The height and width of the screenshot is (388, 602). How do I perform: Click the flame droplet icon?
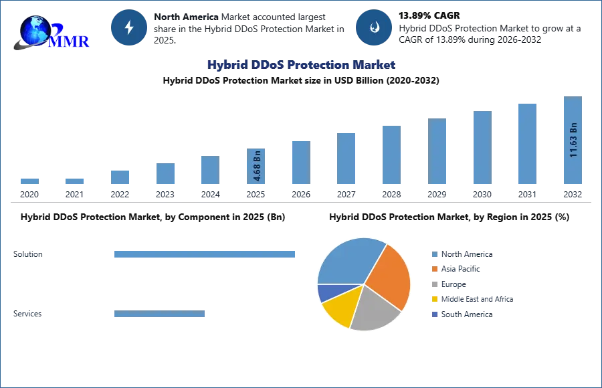tap(374, 27)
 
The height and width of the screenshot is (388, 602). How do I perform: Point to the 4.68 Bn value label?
tap(258, 166)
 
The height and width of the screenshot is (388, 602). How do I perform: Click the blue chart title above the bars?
tap(300, 65)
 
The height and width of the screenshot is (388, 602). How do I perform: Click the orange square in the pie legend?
tap(434, 269)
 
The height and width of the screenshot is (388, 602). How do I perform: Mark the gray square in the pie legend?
tap(434, 284)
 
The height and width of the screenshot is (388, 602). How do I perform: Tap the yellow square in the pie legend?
tap(434, 300)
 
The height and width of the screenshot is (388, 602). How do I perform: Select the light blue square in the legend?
tap(434, 254)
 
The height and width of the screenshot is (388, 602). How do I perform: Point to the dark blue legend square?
tap(434, 314)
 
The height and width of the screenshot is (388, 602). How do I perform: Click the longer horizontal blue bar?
tap(205, 254)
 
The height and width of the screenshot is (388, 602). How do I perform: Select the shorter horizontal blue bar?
tap(160, 314)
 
